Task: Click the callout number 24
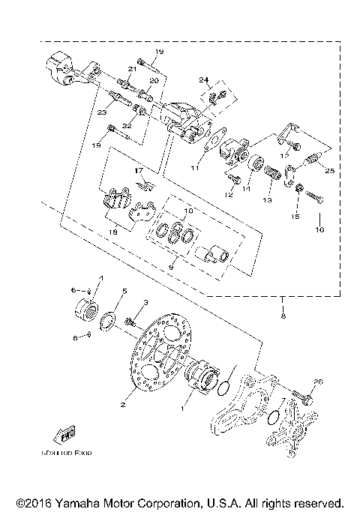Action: point(203,80)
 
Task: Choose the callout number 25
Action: point(328,171)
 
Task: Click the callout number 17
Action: point(138,171)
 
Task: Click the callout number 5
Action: point(125,291)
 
